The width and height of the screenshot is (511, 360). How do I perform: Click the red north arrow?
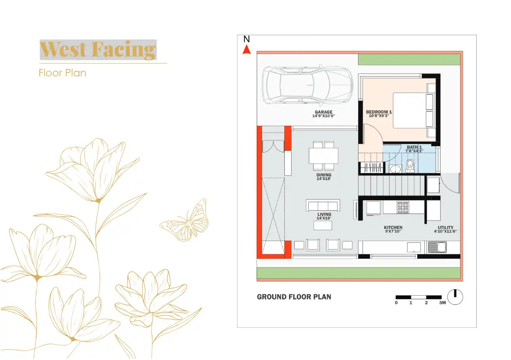click(x=246, y=50)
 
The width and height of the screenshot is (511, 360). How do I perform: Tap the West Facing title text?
click(x=98, y=50)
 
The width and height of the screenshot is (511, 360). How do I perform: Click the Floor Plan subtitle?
click(x=62, y=73)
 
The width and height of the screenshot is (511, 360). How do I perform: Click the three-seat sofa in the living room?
click(x=323, y=205)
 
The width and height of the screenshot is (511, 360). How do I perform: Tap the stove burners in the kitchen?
click(x=403, y=208)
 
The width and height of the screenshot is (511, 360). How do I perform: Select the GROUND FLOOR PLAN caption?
click(x=294, y=297)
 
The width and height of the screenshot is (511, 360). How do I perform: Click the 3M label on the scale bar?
click(x=442, y=303)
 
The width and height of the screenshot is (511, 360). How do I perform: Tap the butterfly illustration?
click(x=186, y=221)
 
